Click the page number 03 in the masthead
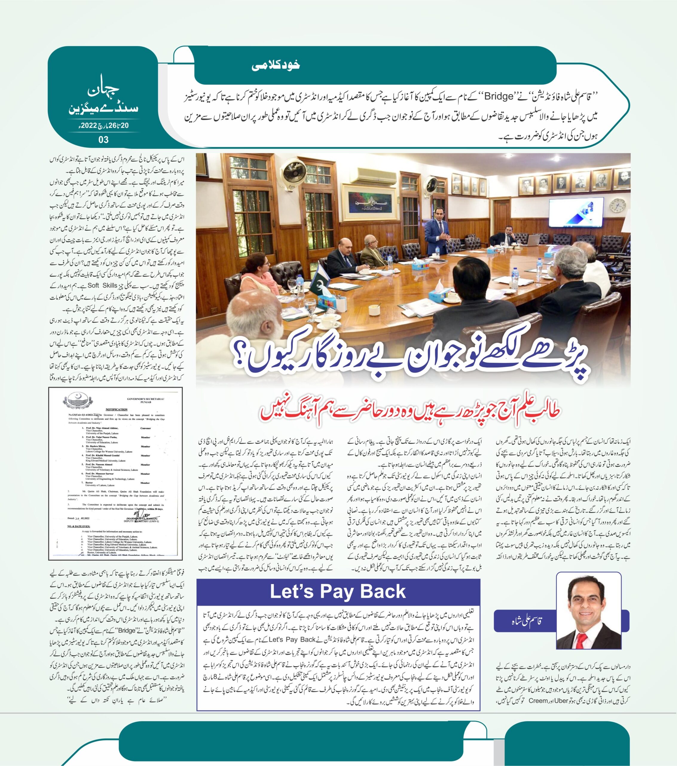coord(103,140)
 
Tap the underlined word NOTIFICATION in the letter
coord(117,410)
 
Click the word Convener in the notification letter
coord(146,428)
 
